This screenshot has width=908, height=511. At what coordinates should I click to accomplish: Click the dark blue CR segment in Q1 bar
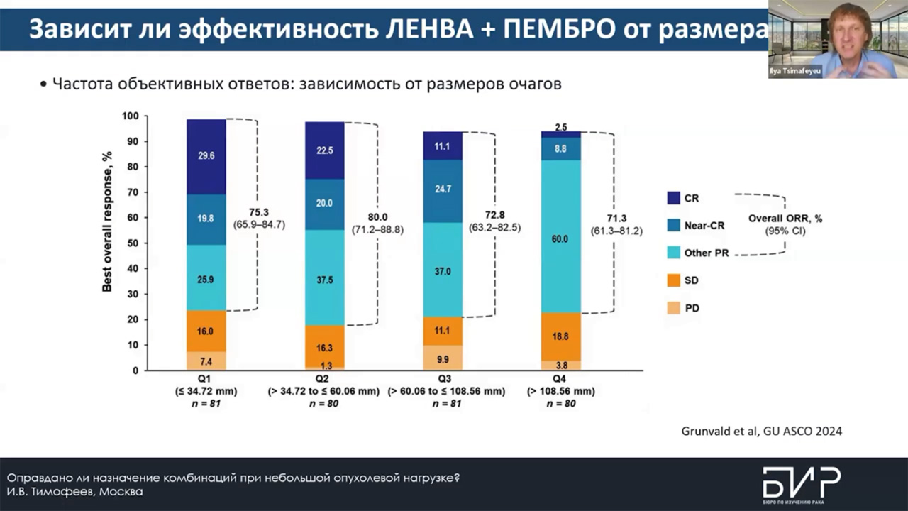206,157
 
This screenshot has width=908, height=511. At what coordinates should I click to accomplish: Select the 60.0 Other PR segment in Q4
560,238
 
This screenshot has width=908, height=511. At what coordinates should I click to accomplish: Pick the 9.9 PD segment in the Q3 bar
443,358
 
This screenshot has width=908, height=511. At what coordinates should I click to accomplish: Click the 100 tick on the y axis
130,116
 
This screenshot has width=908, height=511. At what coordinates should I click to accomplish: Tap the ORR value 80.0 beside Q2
377,218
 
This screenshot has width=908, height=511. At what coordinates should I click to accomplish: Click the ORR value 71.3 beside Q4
616,219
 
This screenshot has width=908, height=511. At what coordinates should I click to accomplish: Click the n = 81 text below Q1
206,403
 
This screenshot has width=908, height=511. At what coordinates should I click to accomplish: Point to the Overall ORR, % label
785,219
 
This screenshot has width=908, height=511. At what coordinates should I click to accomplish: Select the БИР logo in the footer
801,483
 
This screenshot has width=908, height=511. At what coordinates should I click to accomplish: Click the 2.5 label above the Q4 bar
561,127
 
